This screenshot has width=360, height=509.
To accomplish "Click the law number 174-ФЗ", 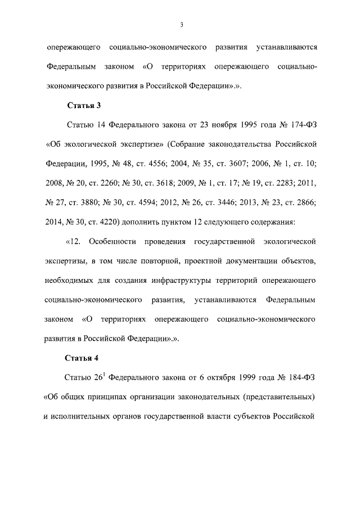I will click(x=300, y=123).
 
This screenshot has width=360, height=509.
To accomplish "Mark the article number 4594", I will click(x=154, y=197).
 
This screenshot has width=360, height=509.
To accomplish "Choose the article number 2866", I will click(x=303, y=197).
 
